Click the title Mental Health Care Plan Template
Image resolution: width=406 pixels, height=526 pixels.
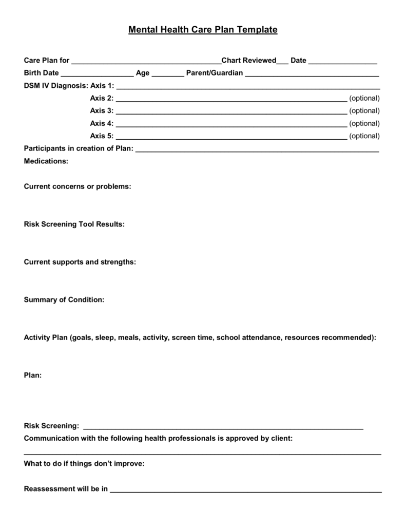[x=203, y=30]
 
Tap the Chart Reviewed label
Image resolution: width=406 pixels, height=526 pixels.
[x=248, y=61]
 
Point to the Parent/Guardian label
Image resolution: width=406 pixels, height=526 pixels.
[x=214, y=73]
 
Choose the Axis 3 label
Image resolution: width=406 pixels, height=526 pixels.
[x=102, y=110]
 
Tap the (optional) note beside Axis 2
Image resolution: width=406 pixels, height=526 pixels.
[x=364, y=98]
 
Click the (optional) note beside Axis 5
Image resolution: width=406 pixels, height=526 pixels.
[x=364, y=136]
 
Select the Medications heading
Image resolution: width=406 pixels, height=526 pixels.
[x=46, y=161]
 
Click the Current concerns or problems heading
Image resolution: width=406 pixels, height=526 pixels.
[x=78, y=186]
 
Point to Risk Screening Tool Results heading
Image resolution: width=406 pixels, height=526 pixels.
[x=74, y=224]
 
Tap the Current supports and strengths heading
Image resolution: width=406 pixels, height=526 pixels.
[x=80, y=262]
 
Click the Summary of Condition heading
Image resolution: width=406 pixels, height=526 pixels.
[x=64, y=299]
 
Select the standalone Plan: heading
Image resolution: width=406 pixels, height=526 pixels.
[x=33, y=375]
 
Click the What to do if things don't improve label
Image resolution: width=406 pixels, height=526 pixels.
[x=84, y=464]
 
